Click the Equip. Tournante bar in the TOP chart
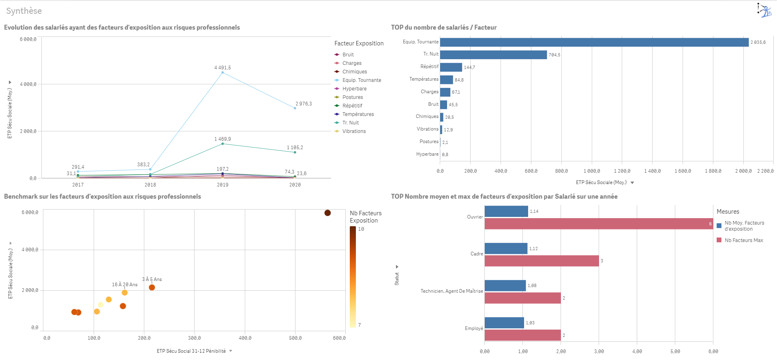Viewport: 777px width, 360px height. click(594, 42)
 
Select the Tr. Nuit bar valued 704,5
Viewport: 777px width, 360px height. click(493, 55)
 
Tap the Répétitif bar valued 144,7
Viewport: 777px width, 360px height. click(451, 67)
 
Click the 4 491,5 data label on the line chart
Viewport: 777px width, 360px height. click(223, 68)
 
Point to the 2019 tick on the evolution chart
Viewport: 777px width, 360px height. click(223, 185)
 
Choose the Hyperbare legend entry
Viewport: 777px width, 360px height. click(354, 89)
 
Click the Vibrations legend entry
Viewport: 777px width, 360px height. click(354, 131)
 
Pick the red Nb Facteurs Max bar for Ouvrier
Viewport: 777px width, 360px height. click(598, 224)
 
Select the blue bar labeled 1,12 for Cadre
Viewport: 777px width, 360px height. click(506, 249)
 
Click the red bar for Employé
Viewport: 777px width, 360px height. click(522, 335)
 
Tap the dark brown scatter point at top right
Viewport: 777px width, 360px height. click(327, 213)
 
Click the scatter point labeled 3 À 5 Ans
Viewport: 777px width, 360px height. click(152, 287)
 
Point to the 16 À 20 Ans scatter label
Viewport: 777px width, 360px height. click(124, 285)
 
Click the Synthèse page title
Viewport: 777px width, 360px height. click(24, 11)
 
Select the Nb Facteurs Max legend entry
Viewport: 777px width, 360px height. click(743, 240)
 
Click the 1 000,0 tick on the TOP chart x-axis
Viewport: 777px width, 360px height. click(592, 171)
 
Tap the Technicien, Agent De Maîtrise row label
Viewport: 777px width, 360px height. click(452, 291)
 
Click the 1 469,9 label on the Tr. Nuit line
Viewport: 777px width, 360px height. click(223, 139)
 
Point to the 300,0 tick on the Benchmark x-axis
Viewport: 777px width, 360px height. click(194, 338)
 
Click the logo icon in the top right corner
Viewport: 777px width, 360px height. click(764, 10)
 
